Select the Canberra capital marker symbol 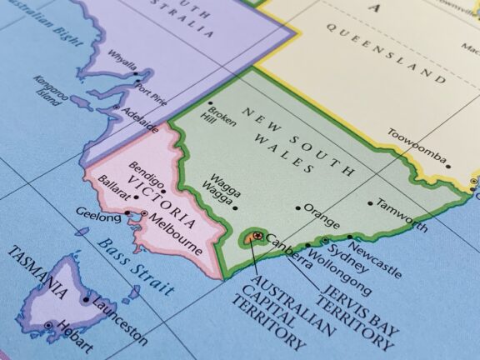257,237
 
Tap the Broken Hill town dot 209,105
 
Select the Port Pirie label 152,89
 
